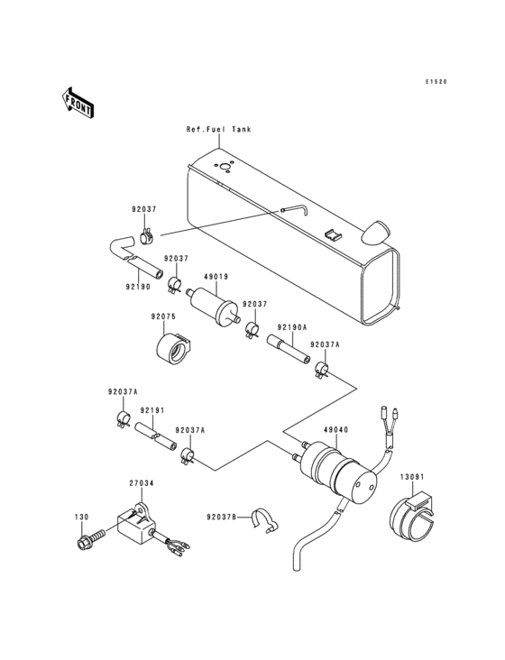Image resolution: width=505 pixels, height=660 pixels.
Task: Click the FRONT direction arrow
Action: (x=78, y=103)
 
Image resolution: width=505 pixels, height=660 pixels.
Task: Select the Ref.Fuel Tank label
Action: (x=218, y=130)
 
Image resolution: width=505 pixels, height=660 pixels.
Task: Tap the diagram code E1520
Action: (x=436, y=82)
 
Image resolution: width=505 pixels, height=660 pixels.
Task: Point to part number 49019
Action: (x=216, y=279)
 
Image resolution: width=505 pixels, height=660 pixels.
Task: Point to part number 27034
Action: (x=141, y=483)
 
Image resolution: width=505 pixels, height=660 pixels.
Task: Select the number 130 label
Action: (x=81, y=517)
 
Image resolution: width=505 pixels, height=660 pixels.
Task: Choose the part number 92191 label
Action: (x=151, y=410)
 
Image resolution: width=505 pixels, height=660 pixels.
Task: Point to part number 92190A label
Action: (x=291, y=327)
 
